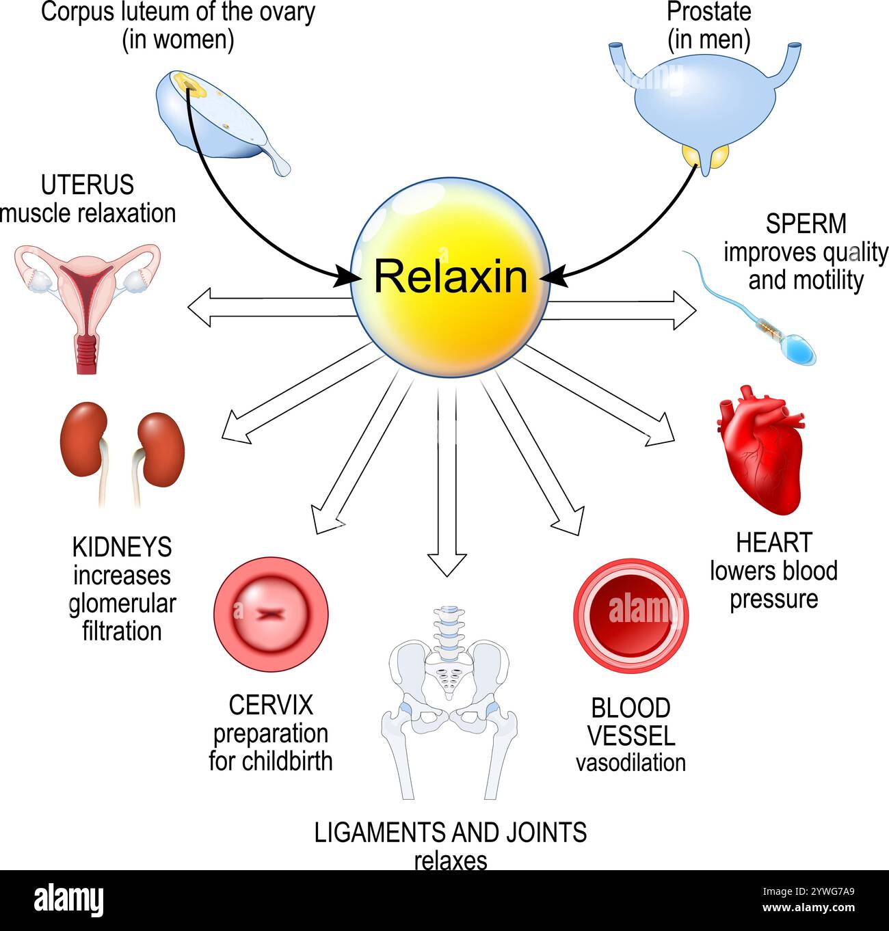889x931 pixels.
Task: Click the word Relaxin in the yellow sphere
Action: [450, 278]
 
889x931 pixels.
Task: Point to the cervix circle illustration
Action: [271, 613]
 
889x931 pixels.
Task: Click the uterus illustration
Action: [88, 301]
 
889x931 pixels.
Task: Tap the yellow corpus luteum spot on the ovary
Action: [186, 84]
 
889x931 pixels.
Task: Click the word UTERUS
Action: [87, 185]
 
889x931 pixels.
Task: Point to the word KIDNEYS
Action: [122, 548]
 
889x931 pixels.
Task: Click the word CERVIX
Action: [270, 705]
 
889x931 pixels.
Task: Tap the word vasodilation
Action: [630, 763]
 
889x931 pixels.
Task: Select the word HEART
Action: [773, 543]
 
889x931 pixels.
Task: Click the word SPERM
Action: [806, 224]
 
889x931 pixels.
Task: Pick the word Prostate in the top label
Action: [708, 12]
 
